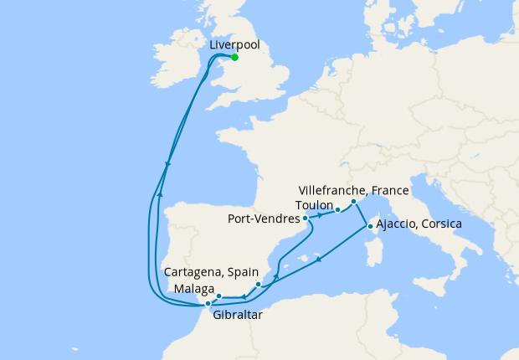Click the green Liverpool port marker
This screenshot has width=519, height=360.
pyautogui.click(x=234, y=57)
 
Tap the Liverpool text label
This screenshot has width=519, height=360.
pyautogui.click(x=234, y=44)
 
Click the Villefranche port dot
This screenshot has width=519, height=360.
pyautogui.click(x=354, y=202)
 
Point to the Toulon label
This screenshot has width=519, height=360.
pyautogui.click(x=315, y=204)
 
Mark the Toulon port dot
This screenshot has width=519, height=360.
pyautogui.click(x=337, y=210)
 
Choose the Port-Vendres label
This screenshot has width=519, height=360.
pyautogui.click(x=264, y=220)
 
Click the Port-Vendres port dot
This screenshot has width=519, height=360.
pyautogui.click(x=306, y=219)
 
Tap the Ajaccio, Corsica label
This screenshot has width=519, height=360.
pyautogui.click(x=419, y=225)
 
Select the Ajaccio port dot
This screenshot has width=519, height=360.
pyautogui.click(x=370, y=225)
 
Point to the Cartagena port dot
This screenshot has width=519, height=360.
pyautogui.click(x=259, y=285)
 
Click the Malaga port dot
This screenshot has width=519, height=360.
pyautogui.click(x=218, y=296)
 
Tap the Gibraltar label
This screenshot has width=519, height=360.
pyautogui.click(x=237, y=316)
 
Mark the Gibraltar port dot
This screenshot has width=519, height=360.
pyautogui.click(x=208, y=304)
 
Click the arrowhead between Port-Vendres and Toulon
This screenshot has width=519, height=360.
pyautogui.click(x=321, y=215)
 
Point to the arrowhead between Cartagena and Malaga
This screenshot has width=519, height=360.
pyautogui.click(x=243, y=296)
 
